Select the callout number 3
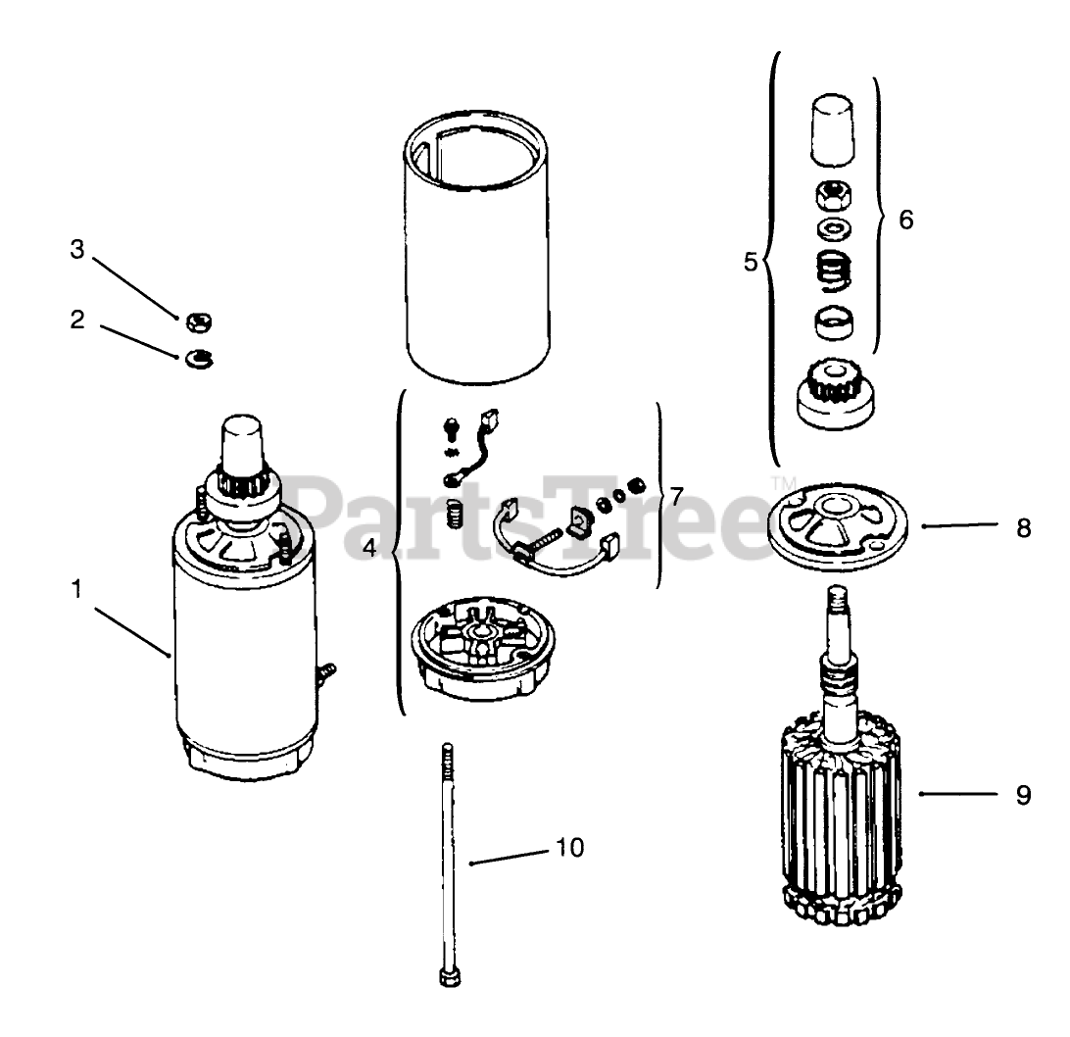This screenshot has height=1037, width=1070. pyautogui.click(x=77, y=249)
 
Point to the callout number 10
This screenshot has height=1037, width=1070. pyautogui.click(x=569, y=847)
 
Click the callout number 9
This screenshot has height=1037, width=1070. pyautogui.click(x=1022, y=795)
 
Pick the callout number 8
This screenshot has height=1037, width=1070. pyautogui.click(x=1022, y=528)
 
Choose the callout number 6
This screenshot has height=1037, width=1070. pyautogui.click(x=905, y=220)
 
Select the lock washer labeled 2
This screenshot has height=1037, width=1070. pyautogui.click(x=199, y=357)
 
